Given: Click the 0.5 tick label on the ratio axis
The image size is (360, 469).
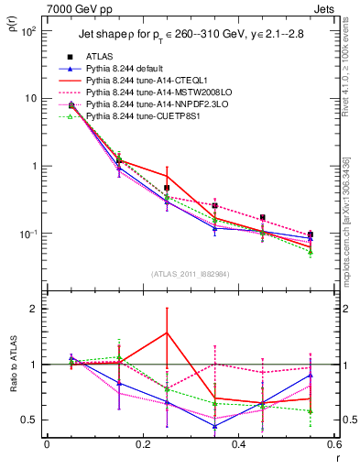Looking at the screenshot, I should click(x=28, y=420).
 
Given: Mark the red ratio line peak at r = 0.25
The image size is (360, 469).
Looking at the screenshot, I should click(x=167, y=333).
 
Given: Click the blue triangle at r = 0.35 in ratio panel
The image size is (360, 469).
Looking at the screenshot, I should click(x=214, y=426).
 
